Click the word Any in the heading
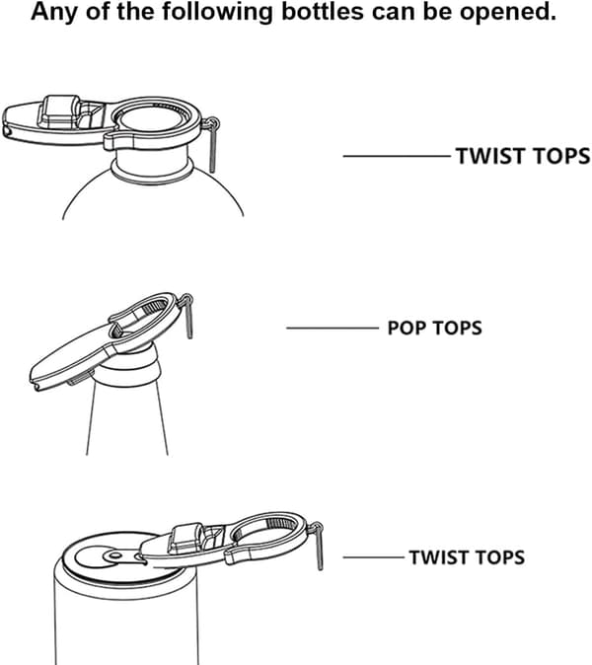pos(54,12)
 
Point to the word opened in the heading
pos(508,13)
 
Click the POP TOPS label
pos(435,328)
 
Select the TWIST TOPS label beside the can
pos(467,556)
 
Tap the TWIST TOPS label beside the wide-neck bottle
pos(523,156)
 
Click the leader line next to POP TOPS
pos(333,328)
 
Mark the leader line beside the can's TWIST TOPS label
pos(374,557)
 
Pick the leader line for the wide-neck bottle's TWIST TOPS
pos(397,156)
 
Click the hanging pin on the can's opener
pos(320,547)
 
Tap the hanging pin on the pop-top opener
pos(188,316)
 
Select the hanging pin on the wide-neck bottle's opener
pos(212,145)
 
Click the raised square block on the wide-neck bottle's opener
pos(59,111)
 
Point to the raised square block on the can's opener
pos(185,538)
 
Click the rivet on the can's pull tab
pos(113,555)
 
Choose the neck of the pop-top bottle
pos(127,415)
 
